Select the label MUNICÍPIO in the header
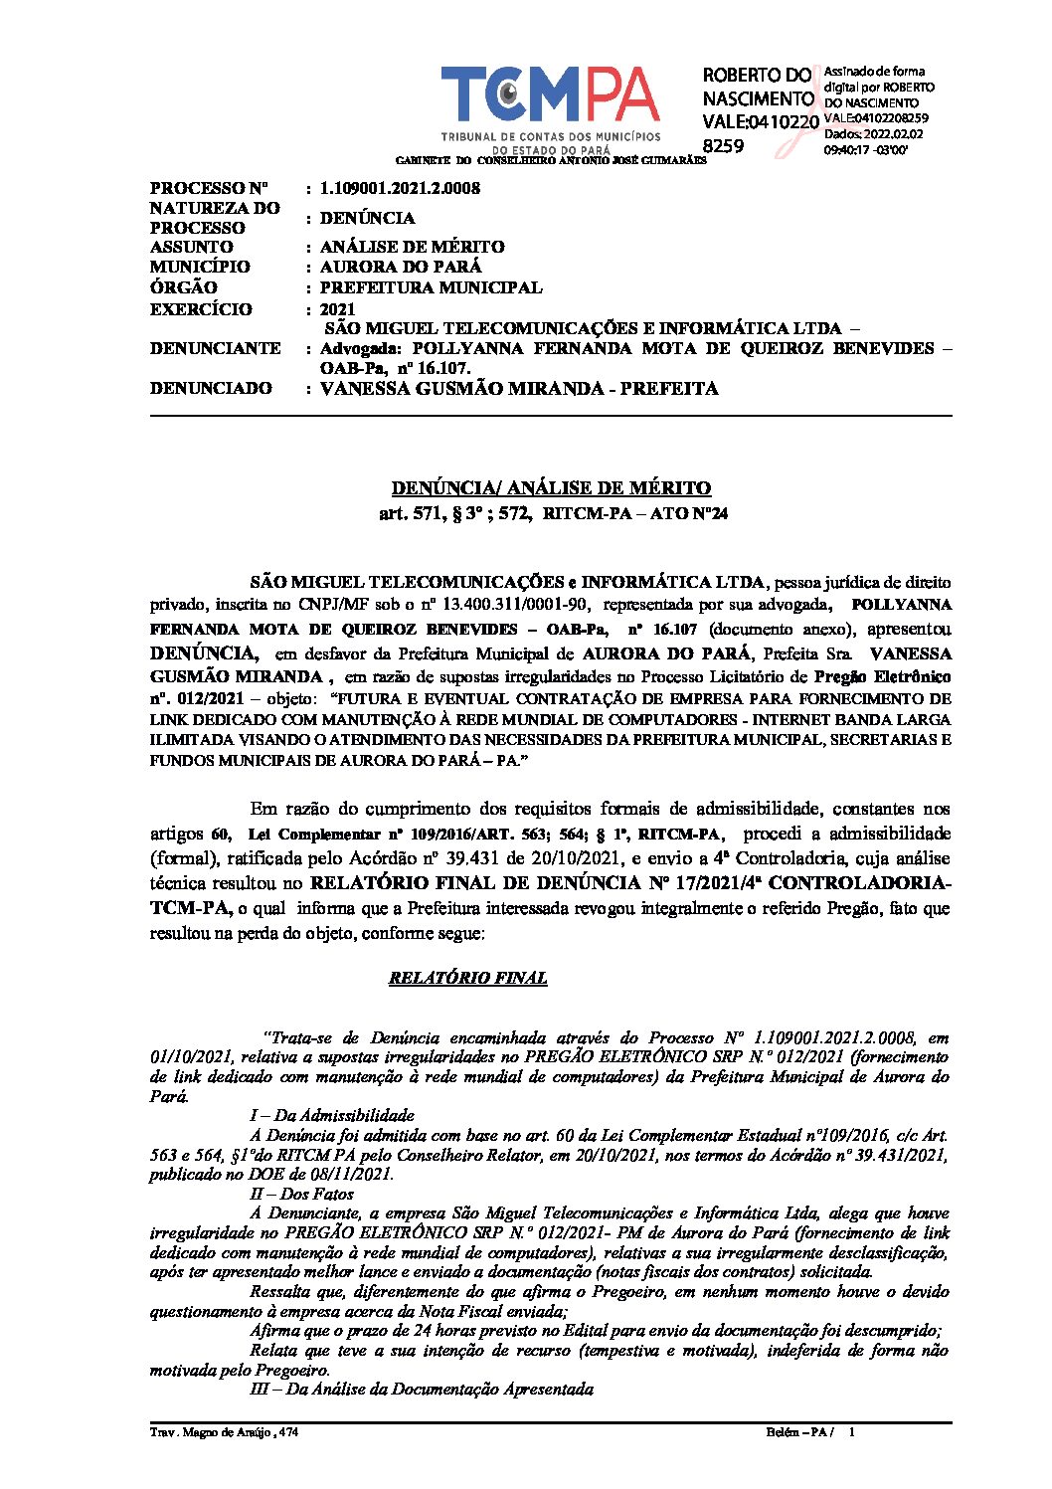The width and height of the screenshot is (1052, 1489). pyautogui.click(x=200, y=267)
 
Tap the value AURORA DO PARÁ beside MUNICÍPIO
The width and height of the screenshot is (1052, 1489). pyautogui.click(x=401, y=267)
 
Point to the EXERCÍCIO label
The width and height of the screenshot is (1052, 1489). pyautogui.click(x=201, y=309)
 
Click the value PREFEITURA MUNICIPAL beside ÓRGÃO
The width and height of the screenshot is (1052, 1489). pyautogui.click(x=431, y=287)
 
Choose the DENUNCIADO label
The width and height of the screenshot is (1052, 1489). pyautogui.click(x=211, y=388)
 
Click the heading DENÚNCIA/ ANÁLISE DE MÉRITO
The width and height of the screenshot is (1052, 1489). pyautogui.click(x=551, y=487)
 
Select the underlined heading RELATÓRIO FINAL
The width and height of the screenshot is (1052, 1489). pyautogui.click(x=467, y=978)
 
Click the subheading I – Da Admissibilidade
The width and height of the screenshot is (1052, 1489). pyautogui.click(x=331, y=1115)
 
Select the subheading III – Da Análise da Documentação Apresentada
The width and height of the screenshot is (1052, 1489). pyautogui.click(x=421, y=1389)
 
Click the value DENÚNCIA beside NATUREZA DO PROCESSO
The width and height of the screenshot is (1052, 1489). pyautogui.click(x=367, y=218)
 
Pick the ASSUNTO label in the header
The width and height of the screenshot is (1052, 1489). pyautogui.click(x=192, y=247)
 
